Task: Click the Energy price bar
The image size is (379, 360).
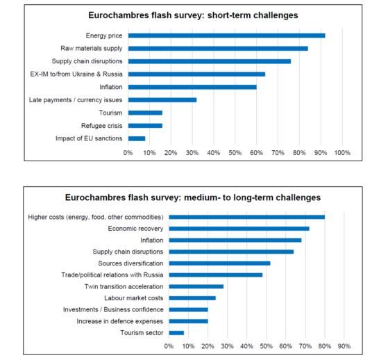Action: pos(226,35)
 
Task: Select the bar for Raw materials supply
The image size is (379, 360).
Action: pos(218,49)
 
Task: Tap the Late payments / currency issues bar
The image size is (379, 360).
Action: pos(162,100)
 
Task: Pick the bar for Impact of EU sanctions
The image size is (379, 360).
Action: pos(137,138)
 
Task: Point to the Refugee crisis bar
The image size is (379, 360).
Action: pos(145,126)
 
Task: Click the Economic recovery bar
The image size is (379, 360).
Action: pos(239,229)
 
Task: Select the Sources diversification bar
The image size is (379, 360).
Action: pos(219,263)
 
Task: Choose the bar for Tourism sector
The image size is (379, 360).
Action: pos(176,333)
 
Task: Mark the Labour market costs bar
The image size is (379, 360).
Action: pos(192,298)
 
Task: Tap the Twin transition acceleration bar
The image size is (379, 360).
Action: pos(196,286)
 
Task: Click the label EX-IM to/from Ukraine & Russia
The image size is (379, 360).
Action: pos(76,74)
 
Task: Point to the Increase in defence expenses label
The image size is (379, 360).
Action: pos(120,321)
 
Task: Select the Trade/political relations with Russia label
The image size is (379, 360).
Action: pos(112,275)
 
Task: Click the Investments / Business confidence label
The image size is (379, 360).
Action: pos(113,310)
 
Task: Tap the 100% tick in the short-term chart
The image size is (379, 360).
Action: pos(342,153)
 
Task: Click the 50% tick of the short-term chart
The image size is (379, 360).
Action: pos(235,153)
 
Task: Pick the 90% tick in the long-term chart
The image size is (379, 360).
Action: pos(344,346)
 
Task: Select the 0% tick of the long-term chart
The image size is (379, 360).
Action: pos(169,346)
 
